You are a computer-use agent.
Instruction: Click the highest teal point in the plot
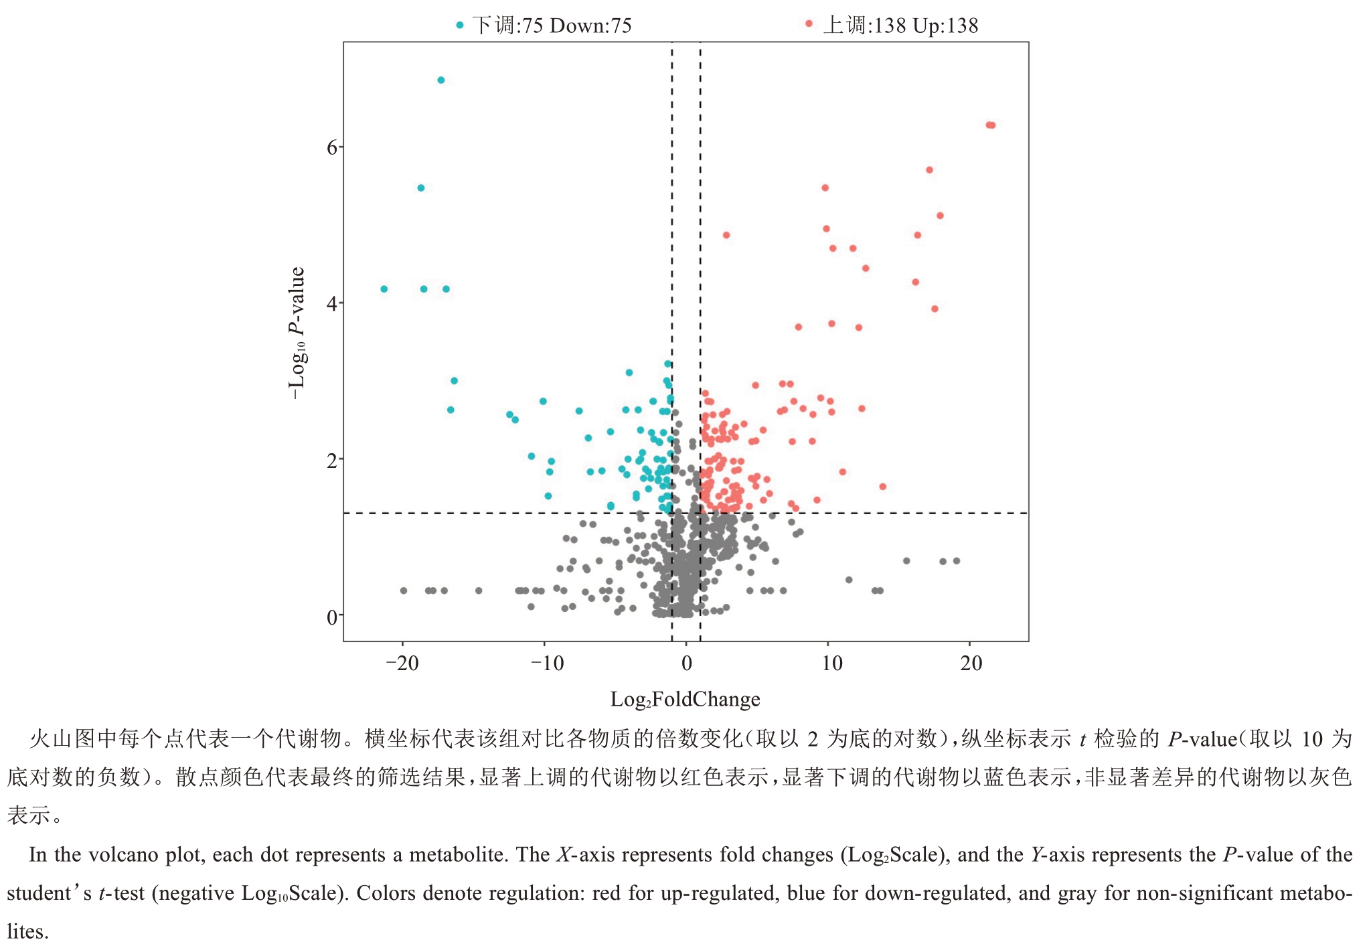coord(440,80)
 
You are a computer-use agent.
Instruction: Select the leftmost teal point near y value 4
coord(384,289)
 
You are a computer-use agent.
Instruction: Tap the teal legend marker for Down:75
coord(459,25)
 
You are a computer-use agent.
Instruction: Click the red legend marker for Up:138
coord(809,24)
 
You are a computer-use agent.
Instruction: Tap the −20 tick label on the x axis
coord(402,663)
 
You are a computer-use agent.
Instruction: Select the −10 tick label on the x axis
coord(547,663)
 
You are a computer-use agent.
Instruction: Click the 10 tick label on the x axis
coord(832,663)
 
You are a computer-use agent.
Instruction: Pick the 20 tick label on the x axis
coord(971,663)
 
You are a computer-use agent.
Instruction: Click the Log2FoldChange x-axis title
coord(685,700)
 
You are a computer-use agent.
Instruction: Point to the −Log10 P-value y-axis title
coord(297,333)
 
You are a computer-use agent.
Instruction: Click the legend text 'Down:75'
coord(590,26)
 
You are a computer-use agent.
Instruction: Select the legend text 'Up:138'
coord(945,26)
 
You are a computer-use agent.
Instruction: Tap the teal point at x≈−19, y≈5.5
coord(420,188)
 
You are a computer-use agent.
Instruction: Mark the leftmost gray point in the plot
coord(403,590)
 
